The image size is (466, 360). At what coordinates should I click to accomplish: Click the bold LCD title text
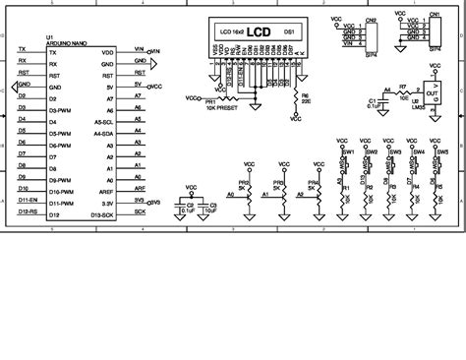[259, 30]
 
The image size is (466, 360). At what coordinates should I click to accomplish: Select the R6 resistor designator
[305, 95]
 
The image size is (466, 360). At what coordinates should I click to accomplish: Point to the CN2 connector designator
[369, 19]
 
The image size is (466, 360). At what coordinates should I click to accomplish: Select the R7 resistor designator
[402, 87]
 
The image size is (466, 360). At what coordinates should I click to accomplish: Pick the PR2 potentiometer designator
[243, 182]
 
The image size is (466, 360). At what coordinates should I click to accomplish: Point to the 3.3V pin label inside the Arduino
[109, 202]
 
